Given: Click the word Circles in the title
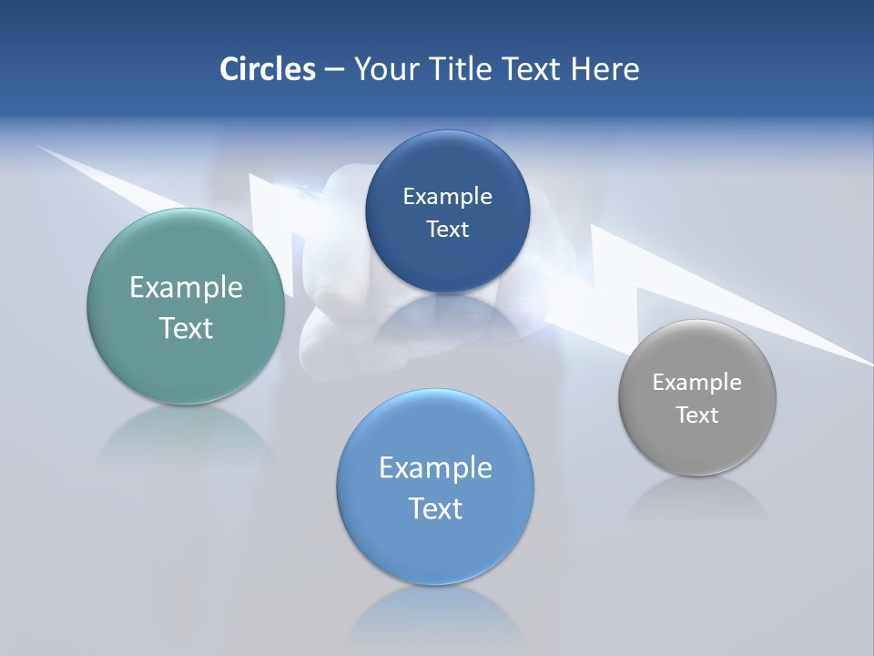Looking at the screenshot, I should pos(268,69).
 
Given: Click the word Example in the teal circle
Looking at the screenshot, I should pos(186,288).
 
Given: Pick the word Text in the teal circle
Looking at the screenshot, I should pos(186,328).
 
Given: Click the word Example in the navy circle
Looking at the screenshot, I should pos(447,197).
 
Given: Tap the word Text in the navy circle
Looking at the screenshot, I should pos(447,230).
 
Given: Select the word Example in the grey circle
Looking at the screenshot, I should pos(696,383).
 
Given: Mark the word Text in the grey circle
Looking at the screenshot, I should pos(697,415).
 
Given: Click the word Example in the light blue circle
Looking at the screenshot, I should pos(435,468).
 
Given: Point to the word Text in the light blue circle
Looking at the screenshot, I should pos(435,508).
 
